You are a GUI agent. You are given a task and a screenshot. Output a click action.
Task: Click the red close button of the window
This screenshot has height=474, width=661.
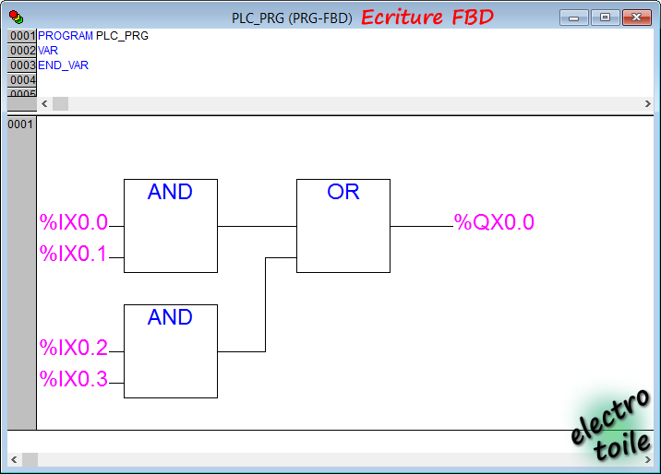637,18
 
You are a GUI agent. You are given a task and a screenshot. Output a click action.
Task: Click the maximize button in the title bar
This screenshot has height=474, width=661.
605,18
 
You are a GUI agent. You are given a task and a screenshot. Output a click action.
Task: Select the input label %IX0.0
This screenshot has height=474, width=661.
74,222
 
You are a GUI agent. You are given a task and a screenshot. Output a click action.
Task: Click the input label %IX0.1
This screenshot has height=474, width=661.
73,254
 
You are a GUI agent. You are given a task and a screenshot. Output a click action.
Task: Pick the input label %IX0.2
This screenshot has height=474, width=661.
74,348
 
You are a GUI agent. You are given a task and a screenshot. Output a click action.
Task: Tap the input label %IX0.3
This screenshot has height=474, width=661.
74,379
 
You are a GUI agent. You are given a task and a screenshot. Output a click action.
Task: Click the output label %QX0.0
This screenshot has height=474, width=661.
494,222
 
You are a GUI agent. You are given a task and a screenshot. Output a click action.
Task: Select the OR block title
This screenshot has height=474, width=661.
343,192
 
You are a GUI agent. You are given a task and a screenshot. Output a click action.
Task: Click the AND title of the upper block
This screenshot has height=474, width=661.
170,192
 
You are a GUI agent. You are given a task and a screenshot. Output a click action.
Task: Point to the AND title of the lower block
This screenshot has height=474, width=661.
170,317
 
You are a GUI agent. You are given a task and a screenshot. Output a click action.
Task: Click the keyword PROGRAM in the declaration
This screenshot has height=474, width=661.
66,36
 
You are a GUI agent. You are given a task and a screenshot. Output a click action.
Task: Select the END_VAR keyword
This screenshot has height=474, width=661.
63,65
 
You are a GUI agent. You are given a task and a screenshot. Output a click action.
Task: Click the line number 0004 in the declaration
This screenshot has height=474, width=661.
22,80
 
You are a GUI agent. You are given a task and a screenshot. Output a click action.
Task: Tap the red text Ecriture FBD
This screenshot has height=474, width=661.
427,18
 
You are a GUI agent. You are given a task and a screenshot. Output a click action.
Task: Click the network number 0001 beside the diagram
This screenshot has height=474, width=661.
20,124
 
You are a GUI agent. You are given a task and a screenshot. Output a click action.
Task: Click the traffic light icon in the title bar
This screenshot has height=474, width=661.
17,18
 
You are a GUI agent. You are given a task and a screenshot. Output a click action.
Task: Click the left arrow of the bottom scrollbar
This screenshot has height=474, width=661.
14,459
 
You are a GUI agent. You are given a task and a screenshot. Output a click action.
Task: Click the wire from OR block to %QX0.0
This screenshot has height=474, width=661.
422,227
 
